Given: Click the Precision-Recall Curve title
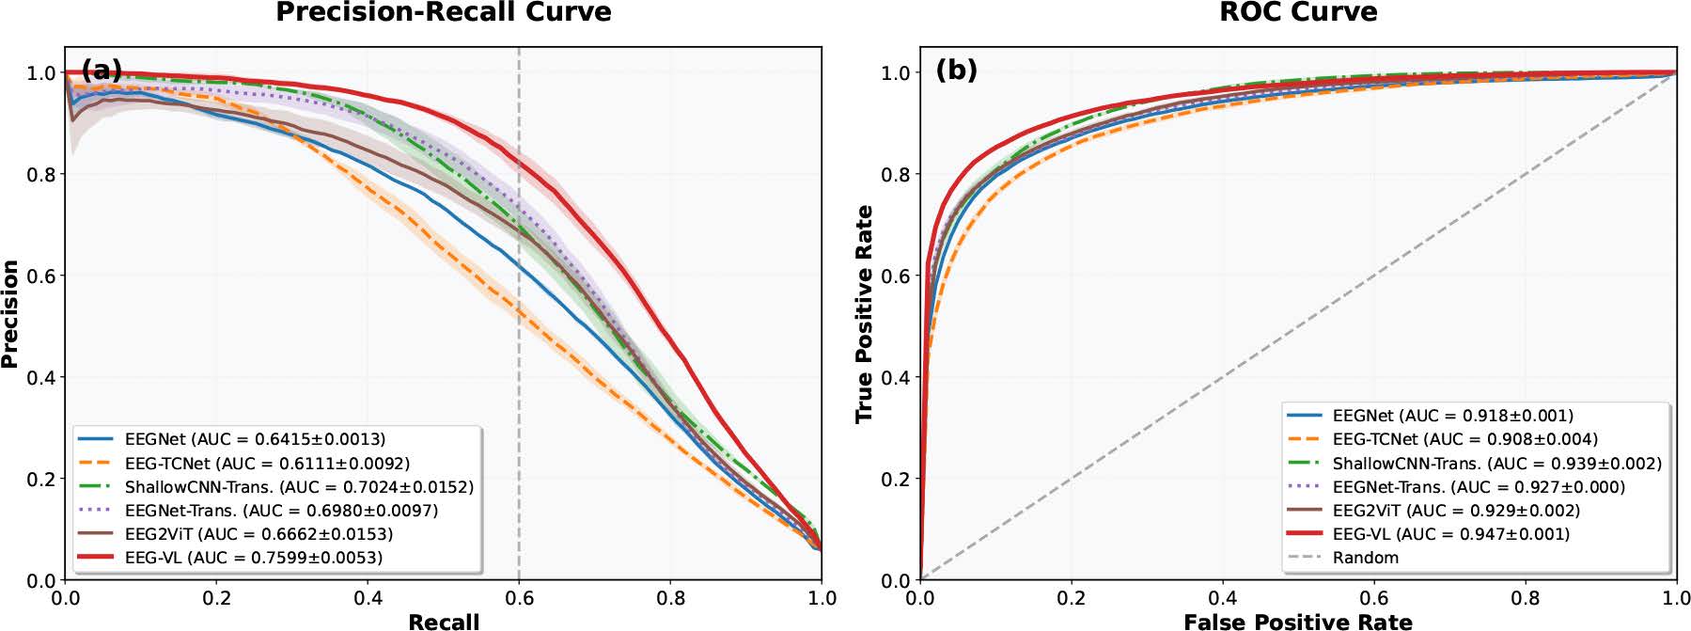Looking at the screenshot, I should tap(443, 12).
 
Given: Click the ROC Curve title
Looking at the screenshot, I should tap(1297, 12).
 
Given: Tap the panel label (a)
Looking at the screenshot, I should tap(102, 70).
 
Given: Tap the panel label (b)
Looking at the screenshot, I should tap(956, 70).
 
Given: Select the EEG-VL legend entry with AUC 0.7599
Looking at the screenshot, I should tap(253, 558).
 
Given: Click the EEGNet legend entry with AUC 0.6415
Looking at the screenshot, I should tap(255, 439).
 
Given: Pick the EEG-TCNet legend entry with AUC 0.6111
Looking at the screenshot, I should tap(267, 464).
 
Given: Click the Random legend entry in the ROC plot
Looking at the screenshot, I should tap(1365, 558).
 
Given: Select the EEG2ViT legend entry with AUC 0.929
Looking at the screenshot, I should tap(1456, 511).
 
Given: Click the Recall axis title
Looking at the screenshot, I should tap(444, 621).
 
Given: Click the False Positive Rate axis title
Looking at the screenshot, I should tap(1297, 621).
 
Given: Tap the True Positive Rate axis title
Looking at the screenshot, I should tap(864, 314).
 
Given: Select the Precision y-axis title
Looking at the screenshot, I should tap(10, 314).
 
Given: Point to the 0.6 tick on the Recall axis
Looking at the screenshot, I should tap(519, 599).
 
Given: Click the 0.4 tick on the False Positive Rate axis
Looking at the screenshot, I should tap(1222, 599).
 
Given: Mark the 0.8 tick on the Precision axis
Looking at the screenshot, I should tap(43, 174).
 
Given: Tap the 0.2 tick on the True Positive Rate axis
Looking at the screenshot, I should tap(897, 479).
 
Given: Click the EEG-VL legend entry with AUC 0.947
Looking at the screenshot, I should tap(1450, 534).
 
